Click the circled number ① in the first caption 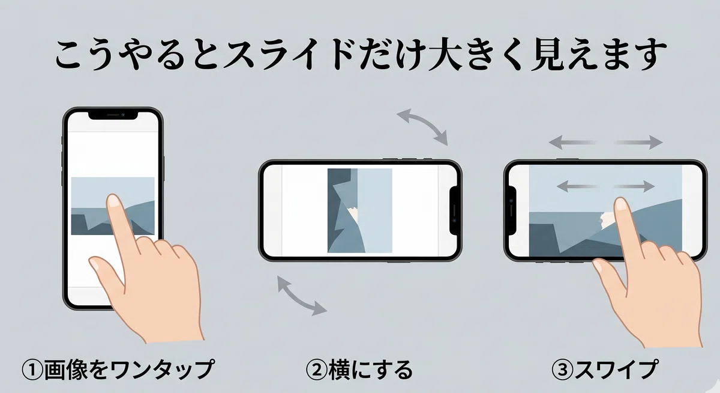(32, 370)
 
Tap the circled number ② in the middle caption (317, 370)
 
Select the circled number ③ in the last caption (563, 370)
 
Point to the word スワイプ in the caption (616, 370)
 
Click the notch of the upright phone (113, 116)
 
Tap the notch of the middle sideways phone (453, 211)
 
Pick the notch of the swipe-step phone (512, 211)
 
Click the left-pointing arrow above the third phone (572, 142)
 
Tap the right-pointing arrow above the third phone (638, 142)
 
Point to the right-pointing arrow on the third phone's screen (634, 186)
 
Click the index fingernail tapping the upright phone (113, 201)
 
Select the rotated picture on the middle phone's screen (359, 210)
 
